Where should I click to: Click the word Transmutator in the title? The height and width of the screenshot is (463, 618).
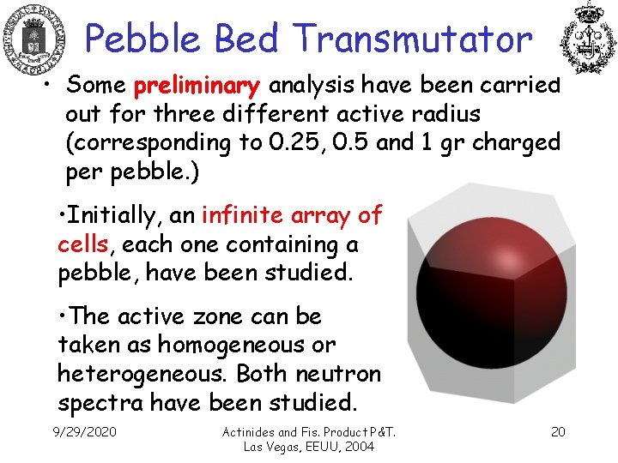coord(412,39)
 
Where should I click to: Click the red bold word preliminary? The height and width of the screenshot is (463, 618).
coord(197,86)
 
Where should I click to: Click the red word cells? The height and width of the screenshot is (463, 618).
coord(82,244)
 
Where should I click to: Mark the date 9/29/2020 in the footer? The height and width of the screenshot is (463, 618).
coord(84,431)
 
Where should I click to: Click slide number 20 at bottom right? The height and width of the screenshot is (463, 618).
coord(558,431)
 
